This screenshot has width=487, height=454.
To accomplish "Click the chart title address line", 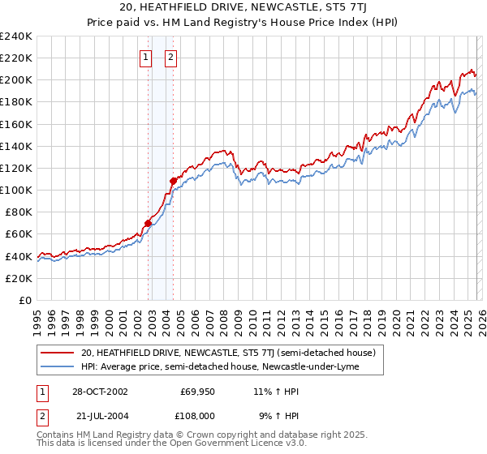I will (243, 8).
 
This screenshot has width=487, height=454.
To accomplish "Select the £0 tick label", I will (24, 300).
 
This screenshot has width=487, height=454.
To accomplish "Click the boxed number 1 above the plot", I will (145, 58).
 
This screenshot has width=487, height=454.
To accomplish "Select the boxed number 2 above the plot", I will (172, 58).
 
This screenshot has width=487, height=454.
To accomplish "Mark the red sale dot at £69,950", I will (148, 223).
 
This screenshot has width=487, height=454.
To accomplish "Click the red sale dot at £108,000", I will (173, 181).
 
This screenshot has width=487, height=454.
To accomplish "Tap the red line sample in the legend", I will (58, 353).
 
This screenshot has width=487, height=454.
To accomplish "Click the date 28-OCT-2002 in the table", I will (100, 392).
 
